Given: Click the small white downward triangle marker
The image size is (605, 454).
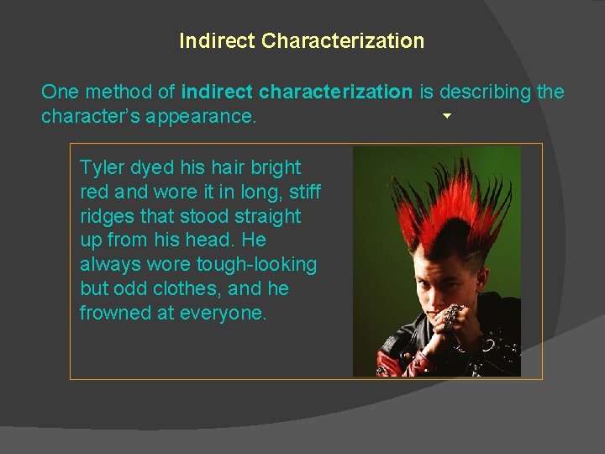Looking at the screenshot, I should (x=447, y=115).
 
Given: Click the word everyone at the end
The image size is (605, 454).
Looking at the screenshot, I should (x=224, y=314).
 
